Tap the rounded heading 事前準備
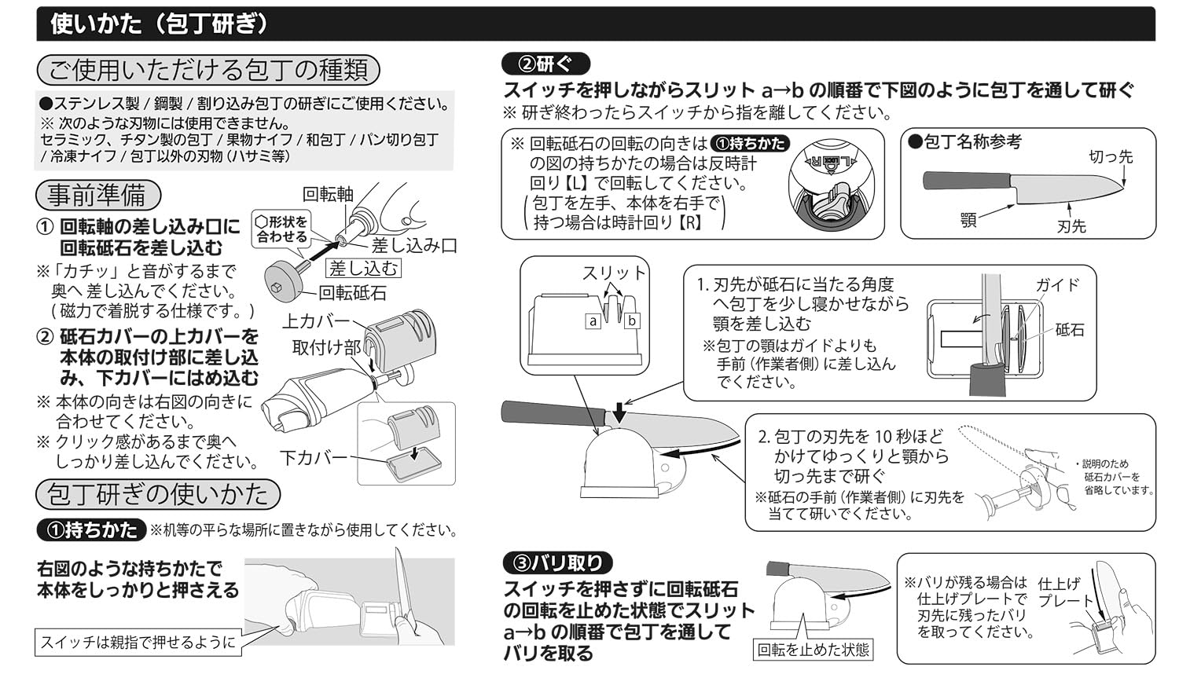point(97,194)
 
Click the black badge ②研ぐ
point(546,64)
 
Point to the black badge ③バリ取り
point(557,562)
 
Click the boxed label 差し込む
point(363,269)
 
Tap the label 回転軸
point(328,194)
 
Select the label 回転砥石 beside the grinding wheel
point(352,293)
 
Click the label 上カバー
point(315,321)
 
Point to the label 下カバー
point(314,457)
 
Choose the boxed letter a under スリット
point(593,321)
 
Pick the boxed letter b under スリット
point(631,321)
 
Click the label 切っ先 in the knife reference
point(1110,156)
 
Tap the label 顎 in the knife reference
point(968,219)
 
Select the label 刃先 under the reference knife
point(1071,226)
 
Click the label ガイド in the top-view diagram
point(1056,285)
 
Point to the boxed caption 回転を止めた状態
point(814,650)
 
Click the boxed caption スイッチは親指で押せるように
point(138,642)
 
